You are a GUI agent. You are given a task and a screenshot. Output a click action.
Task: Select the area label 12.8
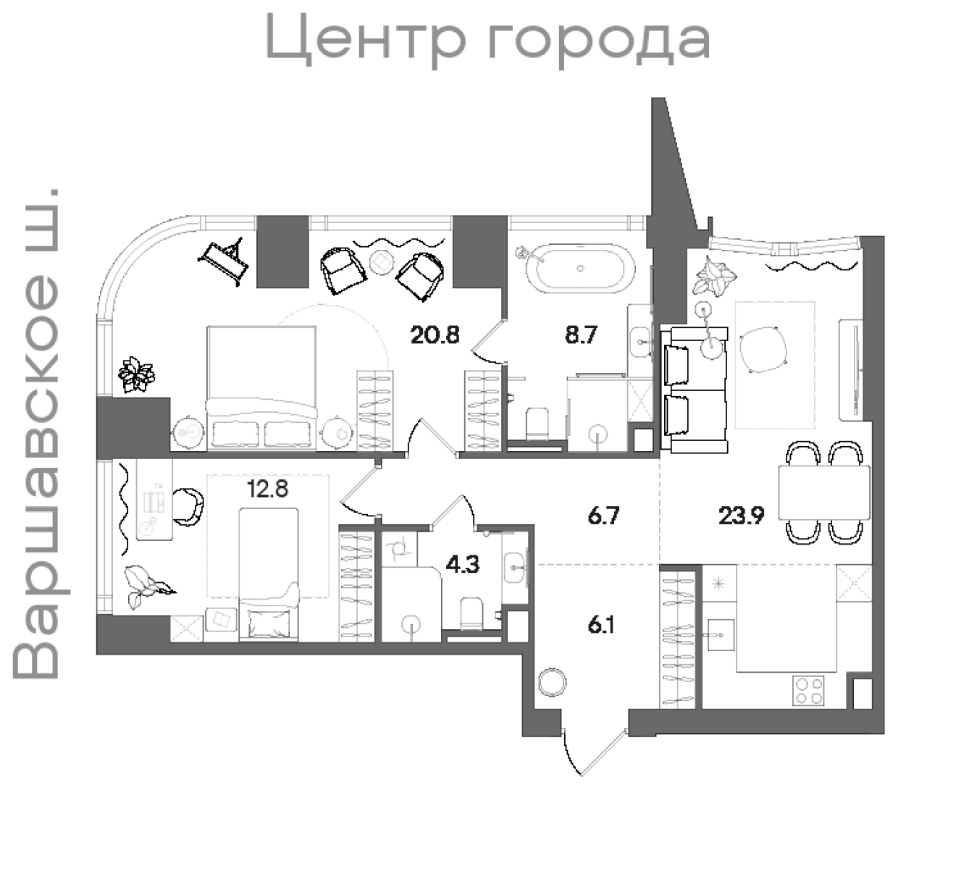(x=267, y=490)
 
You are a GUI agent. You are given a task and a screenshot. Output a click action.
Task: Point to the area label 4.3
(x=462, y=564)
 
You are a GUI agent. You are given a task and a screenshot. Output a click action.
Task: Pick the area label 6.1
(x=601, y=625)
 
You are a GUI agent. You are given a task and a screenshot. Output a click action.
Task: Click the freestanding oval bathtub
(x=580, y=267)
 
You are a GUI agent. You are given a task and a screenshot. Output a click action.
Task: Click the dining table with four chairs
(x=824, y=492)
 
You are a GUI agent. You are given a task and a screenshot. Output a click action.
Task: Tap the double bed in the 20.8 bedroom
(x=261, y=387)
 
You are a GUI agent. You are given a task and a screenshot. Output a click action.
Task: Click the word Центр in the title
(x=365, y=39)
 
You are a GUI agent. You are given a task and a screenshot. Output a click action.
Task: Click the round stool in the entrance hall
(x=552, y=682)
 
